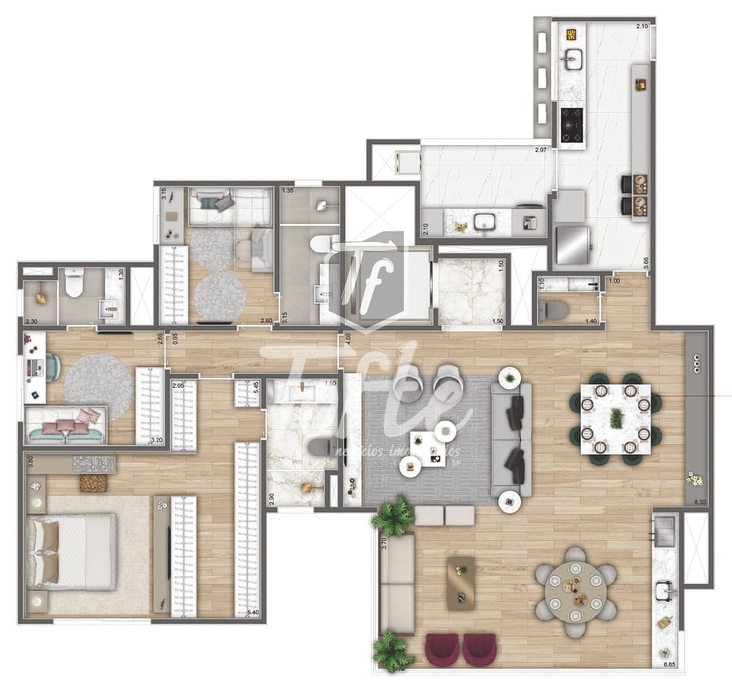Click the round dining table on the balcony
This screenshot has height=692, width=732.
pos(575,591)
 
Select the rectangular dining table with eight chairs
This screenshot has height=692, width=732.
pos(615,419)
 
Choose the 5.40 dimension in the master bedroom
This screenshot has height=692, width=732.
pos(252,612)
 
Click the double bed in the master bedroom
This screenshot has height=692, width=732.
pos(71,551)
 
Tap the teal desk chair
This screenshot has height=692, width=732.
pos(53,367)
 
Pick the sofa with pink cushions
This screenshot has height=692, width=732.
pos(66,426)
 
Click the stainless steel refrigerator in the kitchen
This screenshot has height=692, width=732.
pos(573,244)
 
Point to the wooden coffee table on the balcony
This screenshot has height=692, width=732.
pos(462,583)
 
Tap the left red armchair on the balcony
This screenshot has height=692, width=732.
pos(442,649)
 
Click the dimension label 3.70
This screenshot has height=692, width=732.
pos(384,543)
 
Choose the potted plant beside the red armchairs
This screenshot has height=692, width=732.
pos(392,651)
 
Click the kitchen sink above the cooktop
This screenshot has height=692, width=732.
pos(572,61)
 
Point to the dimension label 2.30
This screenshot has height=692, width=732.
pos(31,321)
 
